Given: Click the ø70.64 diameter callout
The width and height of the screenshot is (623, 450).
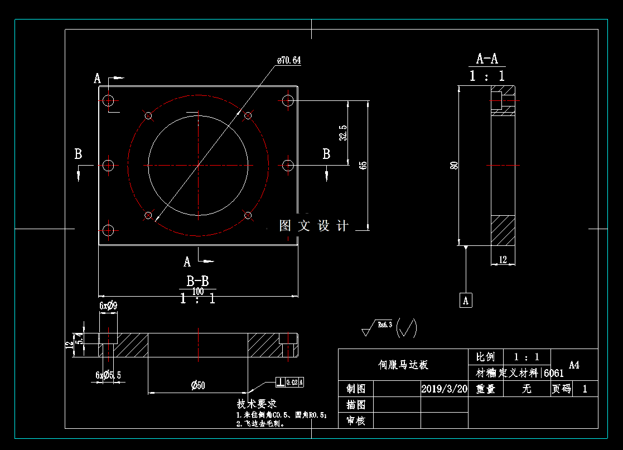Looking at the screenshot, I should click(x=289, y=60).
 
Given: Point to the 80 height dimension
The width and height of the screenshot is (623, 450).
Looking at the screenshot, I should click(x=455, y=165).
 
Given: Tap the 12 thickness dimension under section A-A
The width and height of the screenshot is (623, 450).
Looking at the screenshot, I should click(x=503, y=259).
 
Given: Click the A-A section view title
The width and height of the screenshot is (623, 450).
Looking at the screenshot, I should click(x=487, y=59).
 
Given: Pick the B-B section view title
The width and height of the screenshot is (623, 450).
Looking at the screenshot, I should click(x=197, y=281).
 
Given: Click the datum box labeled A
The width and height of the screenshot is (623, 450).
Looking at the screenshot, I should click(x=466, y=300).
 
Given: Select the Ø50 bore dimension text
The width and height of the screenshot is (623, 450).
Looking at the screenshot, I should click(x=198, y=385).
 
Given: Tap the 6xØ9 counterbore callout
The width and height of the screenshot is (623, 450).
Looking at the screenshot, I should click(x=108, y=306).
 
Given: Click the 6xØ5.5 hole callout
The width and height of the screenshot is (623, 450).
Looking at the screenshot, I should click(x=108, y=375).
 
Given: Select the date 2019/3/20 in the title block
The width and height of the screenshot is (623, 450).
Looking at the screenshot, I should click(x=444, y=389).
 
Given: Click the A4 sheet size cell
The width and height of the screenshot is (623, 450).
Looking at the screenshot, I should click(x=574, y=365).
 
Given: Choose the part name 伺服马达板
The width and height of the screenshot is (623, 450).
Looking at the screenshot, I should click(x=403, y=365).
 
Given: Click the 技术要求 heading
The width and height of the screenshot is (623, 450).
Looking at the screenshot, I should click(x=257, y=403).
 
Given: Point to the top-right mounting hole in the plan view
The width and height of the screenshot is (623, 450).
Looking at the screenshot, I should click(x=288, y=100).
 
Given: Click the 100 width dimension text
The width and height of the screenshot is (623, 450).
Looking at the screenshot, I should click(x=197, y=291).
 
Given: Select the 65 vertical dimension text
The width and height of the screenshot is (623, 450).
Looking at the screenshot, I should click(x=364, y=165).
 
